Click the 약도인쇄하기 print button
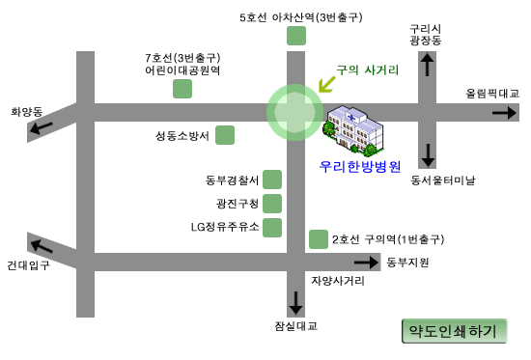[454, 331]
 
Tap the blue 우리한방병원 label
[360, 167]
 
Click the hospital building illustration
[355, 130]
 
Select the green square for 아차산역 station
[296, 36]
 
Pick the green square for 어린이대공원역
[182, 89]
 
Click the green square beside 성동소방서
[225, 135]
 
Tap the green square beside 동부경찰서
[272, 180]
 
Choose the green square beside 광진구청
[272, 204]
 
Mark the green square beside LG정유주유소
[272, 228]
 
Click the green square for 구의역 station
[319, 239]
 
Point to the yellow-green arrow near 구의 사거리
[326, 84]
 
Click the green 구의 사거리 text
[368, 70]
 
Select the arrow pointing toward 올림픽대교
[504, 112]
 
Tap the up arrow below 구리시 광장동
[427, 65]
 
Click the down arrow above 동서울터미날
[428, 155]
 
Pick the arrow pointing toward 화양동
[41, 127]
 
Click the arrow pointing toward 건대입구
[42, 246]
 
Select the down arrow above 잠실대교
[295, 303]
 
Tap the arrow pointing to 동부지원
[367, 263]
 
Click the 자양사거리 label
[338, 281]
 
